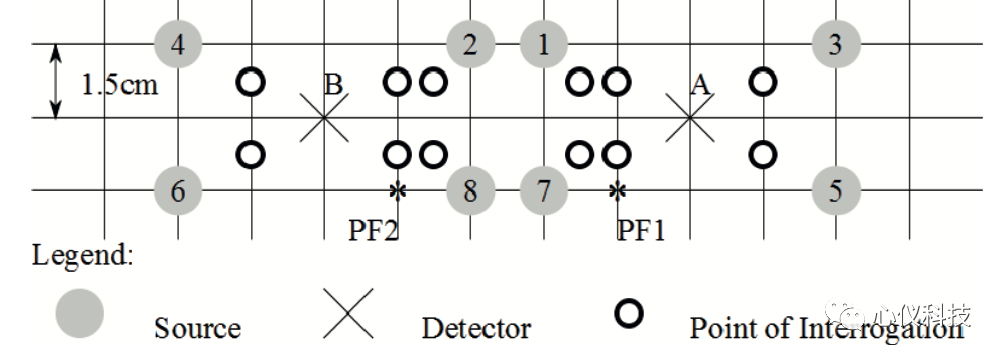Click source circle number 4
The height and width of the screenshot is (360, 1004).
178,44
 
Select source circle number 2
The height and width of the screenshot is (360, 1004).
471,44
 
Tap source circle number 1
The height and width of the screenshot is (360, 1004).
544,44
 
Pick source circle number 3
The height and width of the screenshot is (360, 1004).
836,44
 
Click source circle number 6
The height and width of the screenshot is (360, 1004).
178,190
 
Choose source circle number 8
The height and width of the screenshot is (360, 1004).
471,190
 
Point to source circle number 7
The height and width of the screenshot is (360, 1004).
544,190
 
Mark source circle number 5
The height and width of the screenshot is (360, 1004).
836,190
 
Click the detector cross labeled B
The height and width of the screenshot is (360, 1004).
324,117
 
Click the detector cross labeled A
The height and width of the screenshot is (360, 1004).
690,117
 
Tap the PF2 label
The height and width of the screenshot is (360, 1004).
373,230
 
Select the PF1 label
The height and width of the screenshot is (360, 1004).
641,230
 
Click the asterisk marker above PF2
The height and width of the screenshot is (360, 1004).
398,190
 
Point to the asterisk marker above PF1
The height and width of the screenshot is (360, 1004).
617,190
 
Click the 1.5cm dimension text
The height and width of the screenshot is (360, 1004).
119,84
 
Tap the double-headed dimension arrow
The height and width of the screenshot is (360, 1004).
56,81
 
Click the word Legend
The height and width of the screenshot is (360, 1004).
83,256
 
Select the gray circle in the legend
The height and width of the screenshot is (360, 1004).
79,313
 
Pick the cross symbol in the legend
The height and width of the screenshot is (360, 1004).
348,313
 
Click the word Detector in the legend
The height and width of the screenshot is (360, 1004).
476,328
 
